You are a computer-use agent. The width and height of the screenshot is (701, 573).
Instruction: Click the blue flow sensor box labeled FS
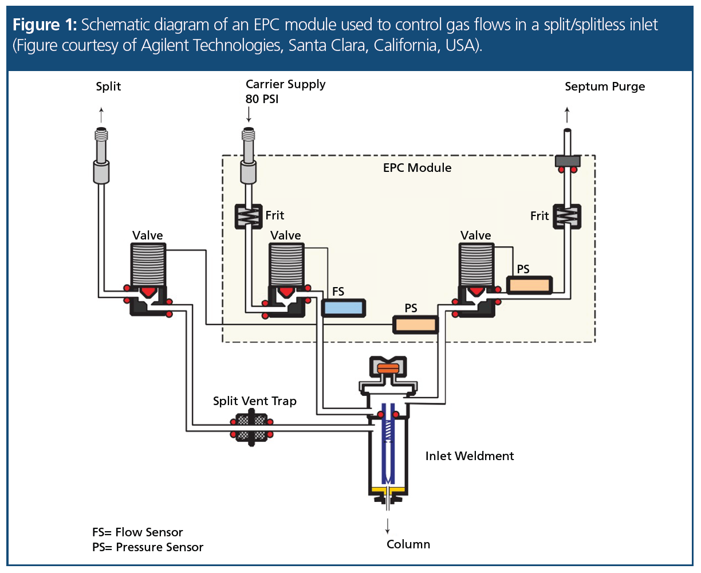point(343,308)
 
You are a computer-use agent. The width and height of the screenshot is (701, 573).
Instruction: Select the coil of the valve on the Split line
point(148,264)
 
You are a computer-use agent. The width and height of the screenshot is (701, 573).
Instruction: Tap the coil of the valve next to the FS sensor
point(286,264)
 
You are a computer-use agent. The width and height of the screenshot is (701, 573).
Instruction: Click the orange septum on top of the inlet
point(388,368)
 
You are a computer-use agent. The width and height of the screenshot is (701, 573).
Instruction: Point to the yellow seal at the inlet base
point(388,490)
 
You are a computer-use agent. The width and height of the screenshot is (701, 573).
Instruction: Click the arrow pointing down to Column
point(388,525)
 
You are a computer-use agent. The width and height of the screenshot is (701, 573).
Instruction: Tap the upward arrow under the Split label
point(101,112)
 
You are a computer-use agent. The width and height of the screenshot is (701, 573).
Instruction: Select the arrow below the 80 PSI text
point(249,115)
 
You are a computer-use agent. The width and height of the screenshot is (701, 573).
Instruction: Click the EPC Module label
point(417,168)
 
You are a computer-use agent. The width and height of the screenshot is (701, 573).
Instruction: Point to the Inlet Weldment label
point(469,456)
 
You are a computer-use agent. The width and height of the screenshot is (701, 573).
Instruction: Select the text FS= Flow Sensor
point(137,532)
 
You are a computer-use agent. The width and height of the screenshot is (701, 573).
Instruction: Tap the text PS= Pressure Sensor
point(148,547)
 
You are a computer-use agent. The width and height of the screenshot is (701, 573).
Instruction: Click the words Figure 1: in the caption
point(44,25)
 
